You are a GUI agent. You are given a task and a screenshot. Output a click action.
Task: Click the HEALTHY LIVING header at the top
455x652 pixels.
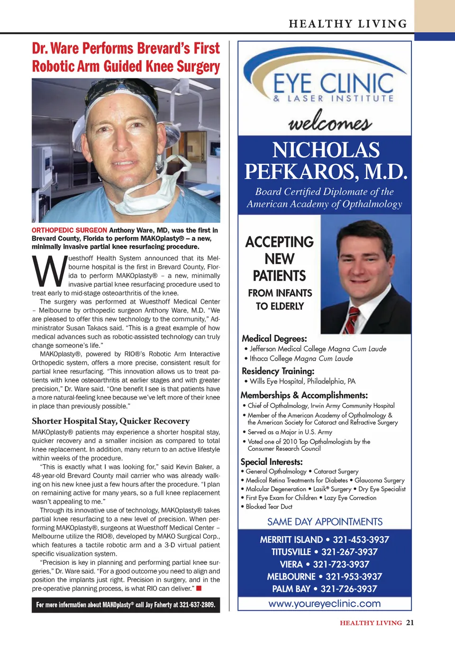348,24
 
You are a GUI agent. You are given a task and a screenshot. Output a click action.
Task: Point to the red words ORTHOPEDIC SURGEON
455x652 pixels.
69,230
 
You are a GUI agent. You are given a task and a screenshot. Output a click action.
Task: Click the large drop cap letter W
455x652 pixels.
49,272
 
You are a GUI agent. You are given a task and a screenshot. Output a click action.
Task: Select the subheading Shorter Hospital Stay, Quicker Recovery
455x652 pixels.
110,421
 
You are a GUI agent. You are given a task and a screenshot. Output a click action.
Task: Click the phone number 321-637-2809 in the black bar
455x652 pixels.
197,605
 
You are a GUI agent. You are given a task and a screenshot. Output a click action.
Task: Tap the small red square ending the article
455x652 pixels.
199,589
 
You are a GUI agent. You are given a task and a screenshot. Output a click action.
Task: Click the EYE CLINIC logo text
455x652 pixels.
333,84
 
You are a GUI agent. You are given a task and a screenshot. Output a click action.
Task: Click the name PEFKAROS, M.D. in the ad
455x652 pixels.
326,172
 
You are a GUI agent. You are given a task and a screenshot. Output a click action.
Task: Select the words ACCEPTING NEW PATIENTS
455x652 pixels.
279,259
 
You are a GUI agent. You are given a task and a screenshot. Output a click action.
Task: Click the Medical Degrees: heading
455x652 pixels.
274,338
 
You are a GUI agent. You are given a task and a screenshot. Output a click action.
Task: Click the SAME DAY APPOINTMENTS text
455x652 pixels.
325,522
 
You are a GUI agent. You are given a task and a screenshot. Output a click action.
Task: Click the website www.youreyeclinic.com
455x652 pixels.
325,604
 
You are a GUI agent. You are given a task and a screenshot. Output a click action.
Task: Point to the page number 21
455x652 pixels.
410,623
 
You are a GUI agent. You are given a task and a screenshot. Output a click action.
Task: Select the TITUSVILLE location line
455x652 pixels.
325,552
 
